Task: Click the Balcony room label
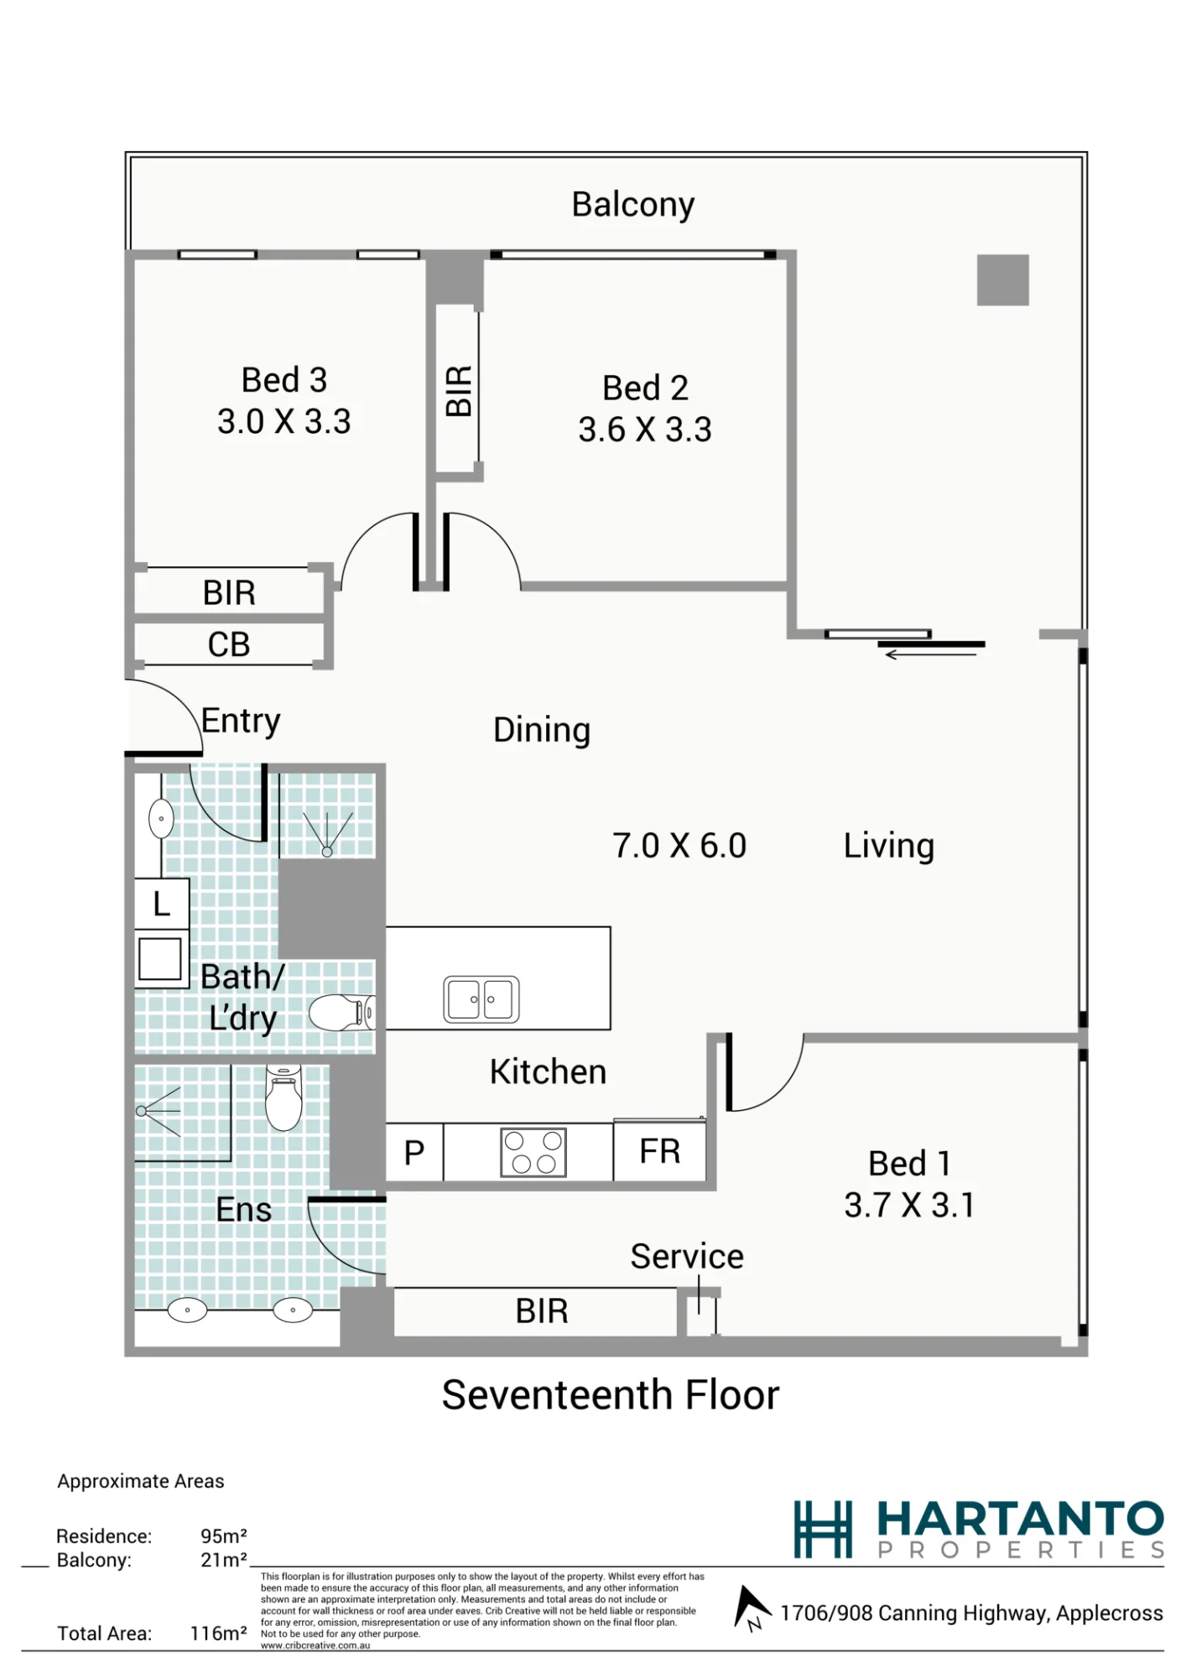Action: pyautogui.click(x=633, y=206)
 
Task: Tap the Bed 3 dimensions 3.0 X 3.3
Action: pyautogui.click(x=284, y=421)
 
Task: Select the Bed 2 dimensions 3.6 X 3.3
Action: pyautogui.click(x=645, y=430)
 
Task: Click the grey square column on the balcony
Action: pyautogui.click(x=1003, y=279)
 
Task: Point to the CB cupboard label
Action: pyautogui.click(x=229, y=644)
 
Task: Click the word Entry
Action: pyautogui.click(x=241, y=722)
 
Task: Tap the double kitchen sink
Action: pyautogui.click(x=481, y=999)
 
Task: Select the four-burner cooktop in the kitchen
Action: pyautogui.click(x=533, y=1152)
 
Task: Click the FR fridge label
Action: pyautogui.click(x=660, y=1152)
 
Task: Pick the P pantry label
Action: pyautogui.click(x=414, y=1154)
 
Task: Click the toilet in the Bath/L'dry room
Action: pyautogui.click(x=342, y=1013)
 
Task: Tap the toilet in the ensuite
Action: pyautogui.click(x=283, y=1097)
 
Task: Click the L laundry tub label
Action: pyautogui.click(x=162, y=904)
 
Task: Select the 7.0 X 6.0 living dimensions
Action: pyautogui.click(x=679, y=846)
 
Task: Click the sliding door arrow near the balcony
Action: pyautogui.click(x=931, y=654)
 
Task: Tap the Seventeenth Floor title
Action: pyautogui.click(x=611, y=1395)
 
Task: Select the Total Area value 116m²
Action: pyautogui.click(x=219, y=1634)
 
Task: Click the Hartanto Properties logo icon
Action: pyautogui.click(x=823, y=1529)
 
